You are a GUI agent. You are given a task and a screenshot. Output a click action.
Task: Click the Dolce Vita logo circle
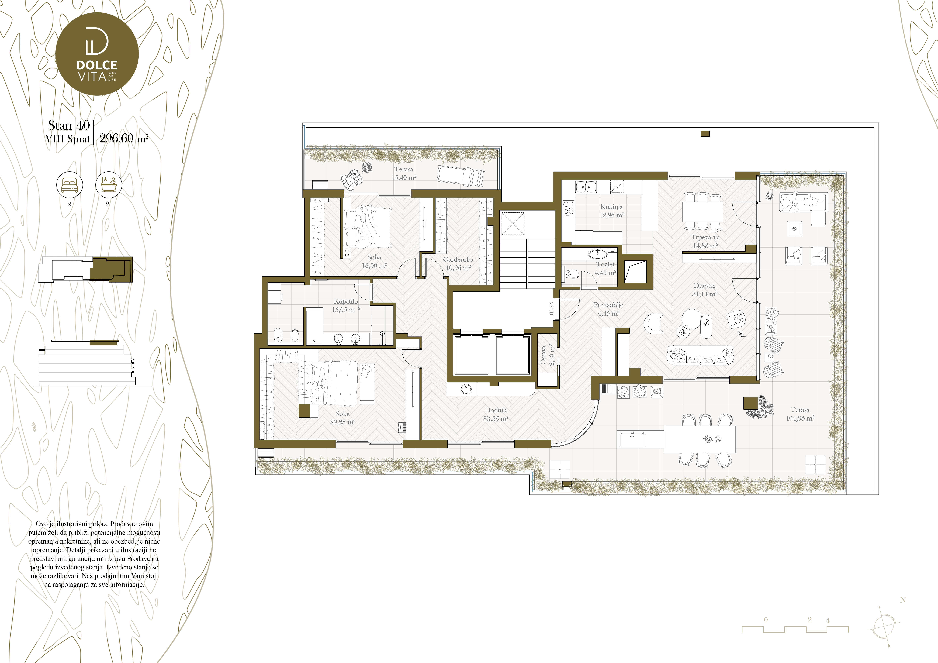click(97, 54)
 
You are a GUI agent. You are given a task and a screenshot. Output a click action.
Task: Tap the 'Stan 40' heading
click(69, 125)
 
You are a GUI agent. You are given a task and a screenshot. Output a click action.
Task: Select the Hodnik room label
click(496, 410)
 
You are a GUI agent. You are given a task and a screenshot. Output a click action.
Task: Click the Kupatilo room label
click(346, 301)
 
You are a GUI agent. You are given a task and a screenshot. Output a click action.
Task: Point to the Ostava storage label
click(543, 355)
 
